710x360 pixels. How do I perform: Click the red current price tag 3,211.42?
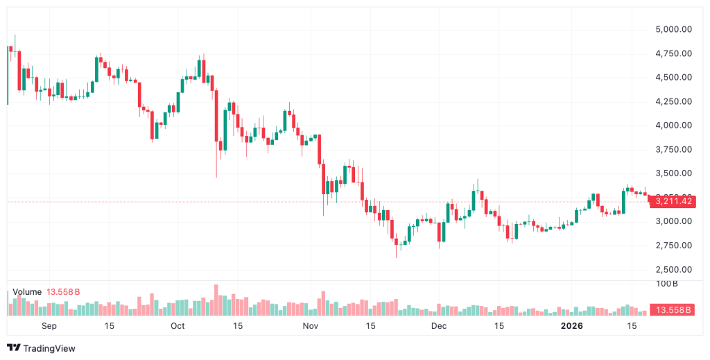click(670, 201)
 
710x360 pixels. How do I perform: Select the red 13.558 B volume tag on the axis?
click(670, 310)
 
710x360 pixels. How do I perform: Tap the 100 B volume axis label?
click(666, 284)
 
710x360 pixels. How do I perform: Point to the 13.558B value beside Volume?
click(63, 292)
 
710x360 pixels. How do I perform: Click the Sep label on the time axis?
click(49, 325)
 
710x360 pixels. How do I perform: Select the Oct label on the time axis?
click(177, 325)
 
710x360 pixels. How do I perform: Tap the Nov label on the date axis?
click(310, 325)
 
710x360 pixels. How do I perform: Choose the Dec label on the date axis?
click(438, 325)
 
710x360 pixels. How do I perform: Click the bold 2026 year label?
click(572, 325)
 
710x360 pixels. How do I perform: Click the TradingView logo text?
click(49, 348)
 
